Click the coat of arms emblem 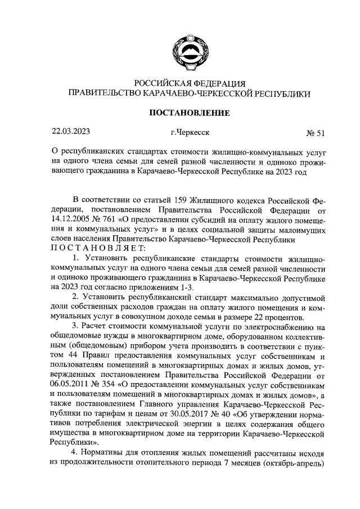point(188,46)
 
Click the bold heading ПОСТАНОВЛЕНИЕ point(189,113)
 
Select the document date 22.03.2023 point(70,133)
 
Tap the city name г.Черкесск point(190,133)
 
